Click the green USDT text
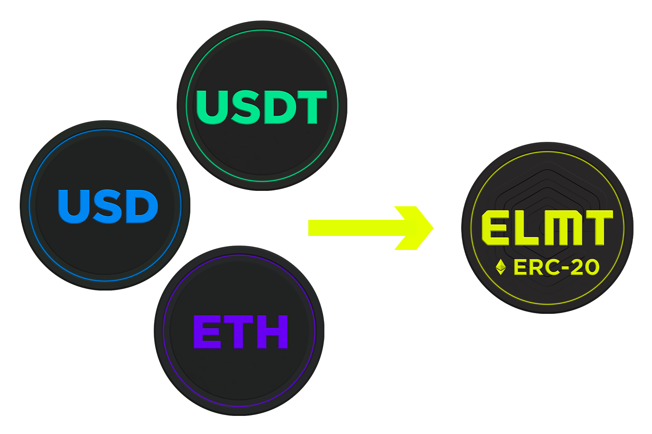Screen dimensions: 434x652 [x=262, y=107]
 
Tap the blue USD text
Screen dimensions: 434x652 [x=108, y=207]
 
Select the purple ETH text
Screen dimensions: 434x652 [x=241, y=332]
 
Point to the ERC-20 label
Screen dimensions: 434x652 [x=556, y=267]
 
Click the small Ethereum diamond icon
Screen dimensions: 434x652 [x=501, y=267]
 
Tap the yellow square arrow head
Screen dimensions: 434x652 [x=414, y=228]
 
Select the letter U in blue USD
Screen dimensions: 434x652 [x=74, y=207]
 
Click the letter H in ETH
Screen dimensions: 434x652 [x=272, y=332]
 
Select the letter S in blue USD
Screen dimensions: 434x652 [x=107, y=207]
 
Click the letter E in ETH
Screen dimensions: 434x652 [x=208, y=332]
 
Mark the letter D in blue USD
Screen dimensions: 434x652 [x=141, y=207]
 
